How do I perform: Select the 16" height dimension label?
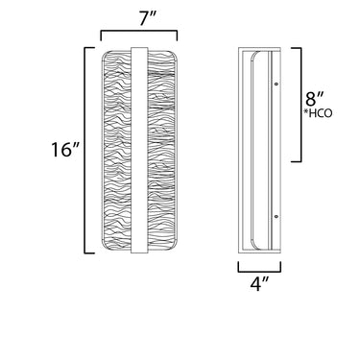(x=65, y=150)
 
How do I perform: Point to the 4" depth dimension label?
(x=259, y=283)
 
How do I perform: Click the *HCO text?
(x=318, y=113)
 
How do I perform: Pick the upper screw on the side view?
(x=276, y=84)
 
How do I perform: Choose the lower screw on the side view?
(x=276, y=217)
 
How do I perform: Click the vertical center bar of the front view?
(x=139, y=151)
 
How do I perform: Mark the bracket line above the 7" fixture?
(x=139, y=31)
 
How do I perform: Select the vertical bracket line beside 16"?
(x=84, y=151)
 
